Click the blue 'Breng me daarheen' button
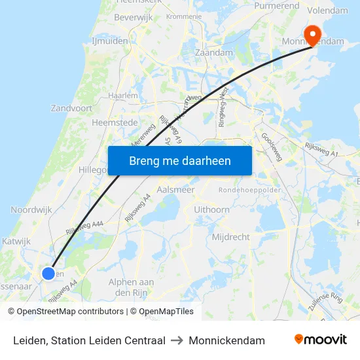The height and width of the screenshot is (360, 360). [x=179, y=160]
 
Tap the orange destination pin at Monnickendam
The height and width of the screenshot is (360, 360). [x=312, y=34]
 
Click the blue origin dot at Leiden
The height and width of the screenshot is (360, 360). [x=48, y=274]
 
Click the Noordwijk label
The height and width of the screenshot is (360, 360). [x=32, y=209]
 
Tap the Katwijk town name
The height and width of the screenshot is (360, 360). [x=16, y=242]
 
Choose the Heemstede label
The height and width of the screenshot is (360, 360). [x=114, y=122]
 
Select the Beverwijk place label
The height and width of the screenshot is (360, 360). [x=133, y=17]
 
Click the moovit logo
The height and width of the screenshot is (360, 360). [x=320, y=340]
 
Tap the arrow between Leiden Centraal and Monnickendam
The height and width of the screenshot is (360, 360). [x=177, y=340]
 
